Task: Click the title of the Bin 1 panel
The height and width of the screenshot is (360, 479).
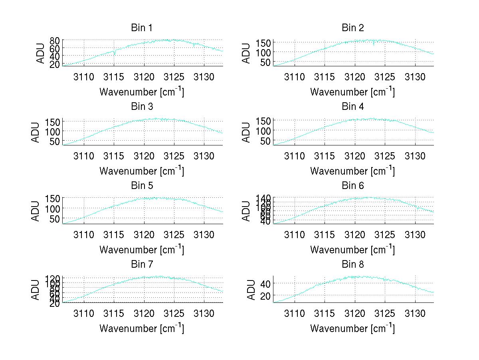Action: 142,28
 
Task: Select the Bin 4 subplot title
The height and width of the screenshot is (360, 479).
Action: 353,107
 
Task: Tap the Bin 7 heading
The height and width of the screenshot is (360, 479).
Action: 142,265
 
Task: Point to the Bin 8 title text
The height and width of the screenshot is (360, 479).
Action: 353,265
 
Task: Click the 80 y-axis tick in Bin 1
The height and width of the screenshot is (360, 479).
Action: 55,40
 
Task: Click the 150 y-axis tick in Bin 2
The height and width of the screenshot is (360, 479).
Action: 263,42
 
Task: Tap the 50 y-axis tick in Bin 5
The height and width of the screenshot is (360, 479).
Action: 55,219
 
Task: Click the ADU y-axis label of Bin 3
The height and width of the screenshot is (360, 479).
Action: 36,132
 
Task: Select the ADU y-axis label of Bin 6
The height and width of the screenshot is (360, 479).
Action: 247,211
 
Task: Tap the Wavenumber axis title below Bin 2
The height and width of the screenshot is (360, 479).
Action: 352,92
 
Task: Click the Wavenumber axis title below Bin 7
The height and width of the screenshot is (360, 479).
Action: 142,328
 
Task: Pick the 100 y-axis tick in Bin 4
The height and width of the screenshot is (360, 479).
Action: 263,131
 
